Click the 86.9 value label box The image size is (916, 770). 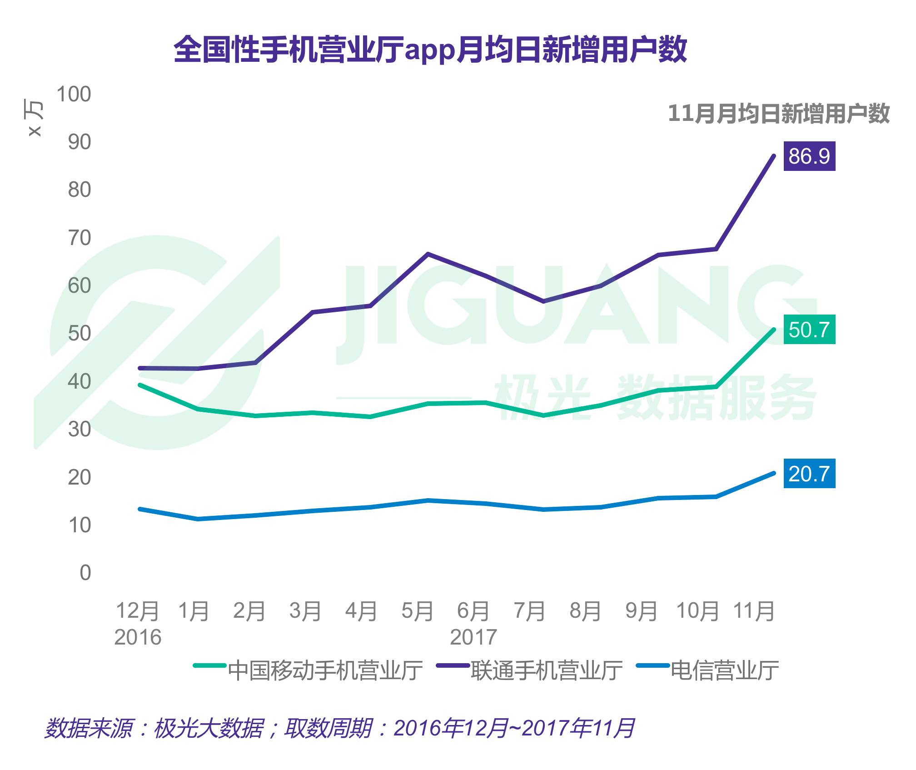coord(809,156)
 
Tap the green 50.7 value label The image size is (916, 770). coord(809,330)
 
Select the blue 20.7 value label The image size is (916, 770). coord(809,474)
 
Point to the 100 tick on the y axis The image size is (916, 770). coord(74,95)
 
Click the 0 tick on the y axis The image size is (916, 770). coord(85,573)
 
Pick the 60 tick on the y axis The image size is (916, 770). coord(80,286)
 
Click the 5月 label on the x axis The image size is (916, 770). coord(417,611)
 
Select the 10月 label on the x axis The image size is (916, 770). coord(697,611)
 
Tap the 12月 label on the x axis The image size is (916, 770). coord(138,611)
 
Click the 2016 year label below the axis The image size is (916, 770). coord(138,637)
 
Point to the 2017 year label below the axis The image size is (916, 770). coord(473,637)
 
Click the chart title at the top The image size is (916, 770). coord(430,50)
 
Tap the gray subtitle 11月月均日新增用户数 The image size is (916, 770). coord(778,114)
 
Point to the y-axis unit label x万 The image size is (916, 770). coord(35,119)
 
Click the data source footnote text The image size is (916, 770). coord(339,728)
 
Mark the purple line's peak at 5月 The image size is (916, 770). coord(428,254)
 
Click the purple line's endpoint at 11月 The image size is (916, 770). coord(774,156)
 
